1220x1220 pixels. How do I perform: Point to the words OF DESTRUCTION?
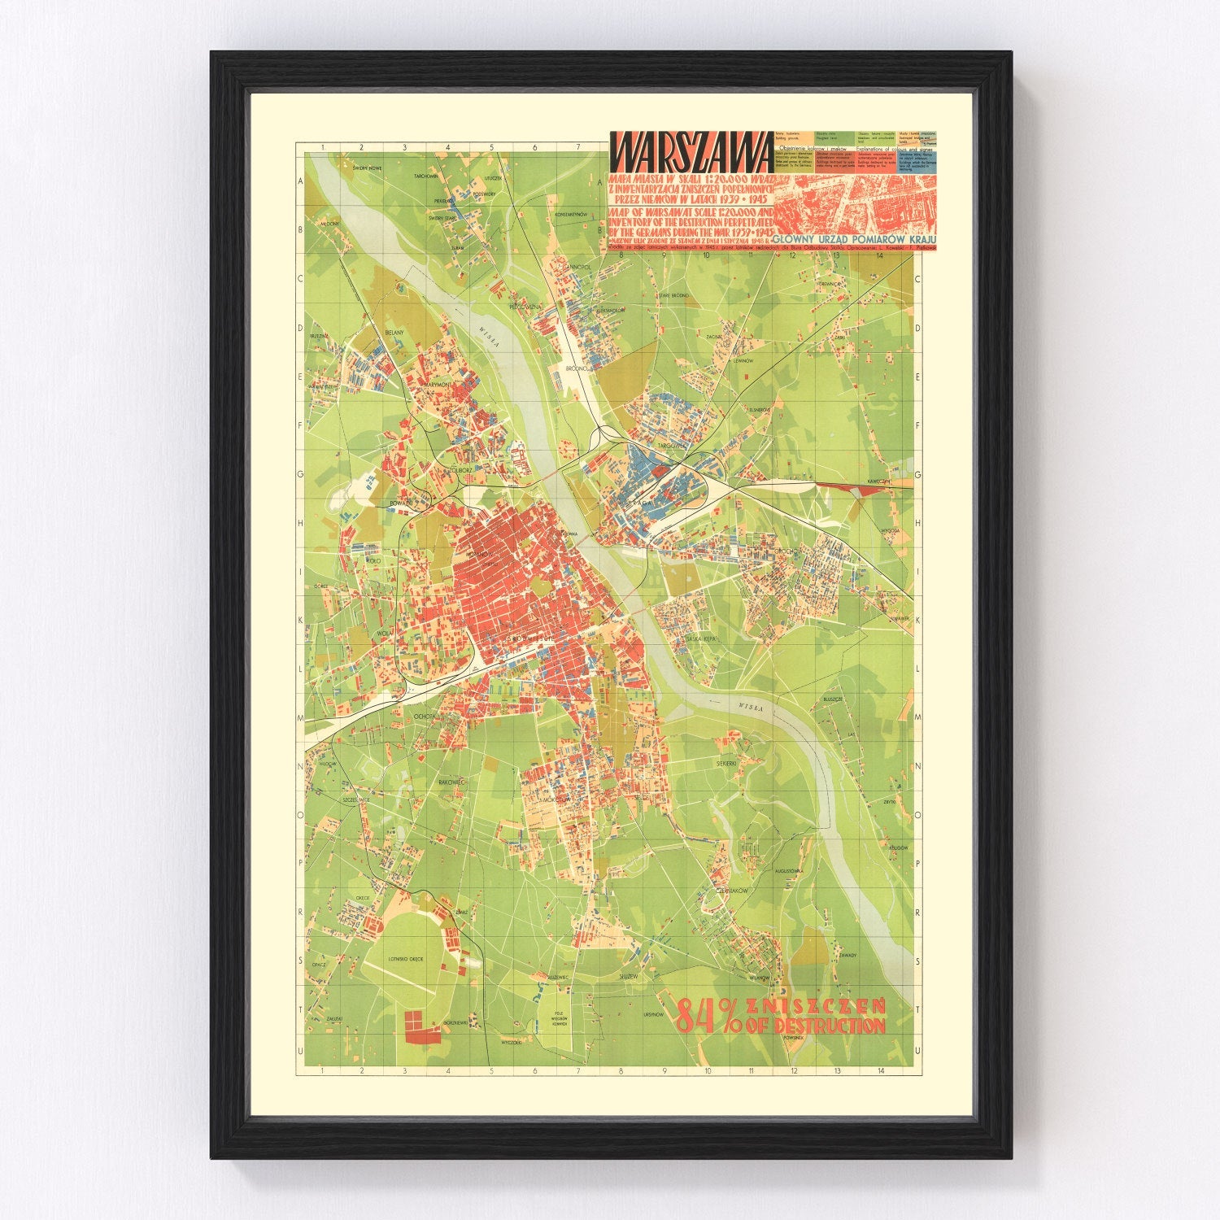point(821,1024)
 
